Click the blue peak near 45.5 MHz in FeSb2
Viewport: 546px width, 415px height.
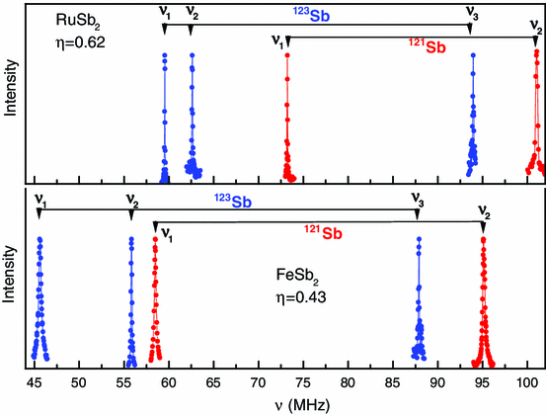39,296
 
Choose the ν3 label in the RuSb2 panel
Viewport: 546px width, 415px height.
472,14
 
